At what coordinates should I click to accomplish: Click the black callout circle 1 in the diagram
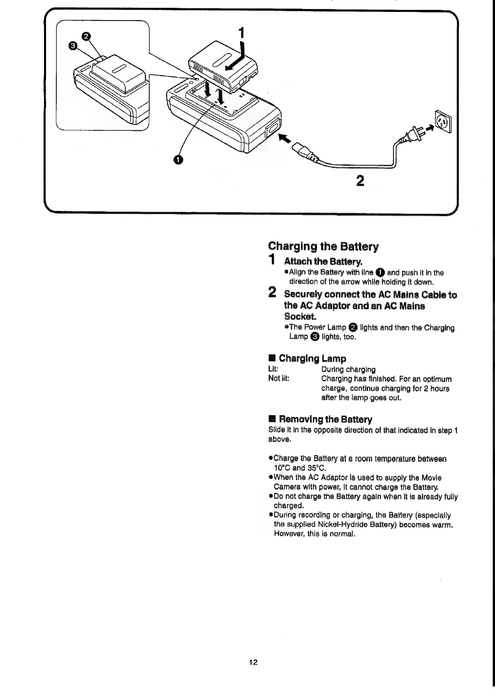coord(178,160)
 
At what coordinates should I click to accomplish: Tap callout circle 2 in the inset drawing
coord(86,37)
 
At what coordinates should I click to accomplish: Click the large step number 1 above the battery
coord(242,33)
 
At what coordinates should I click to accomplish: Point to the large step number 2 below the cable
coord(360,180)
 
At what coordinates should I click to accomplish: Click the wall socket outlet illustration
coord(443,121)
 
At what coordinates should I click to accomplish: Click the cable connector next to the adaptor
coord(304,151)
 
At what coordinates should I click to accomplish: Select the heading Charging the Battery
coord(323,247)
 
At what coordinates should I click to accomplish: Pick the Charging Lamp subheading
coord(312,358)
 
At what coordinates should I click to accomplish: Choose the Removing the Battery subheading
coord(325,419)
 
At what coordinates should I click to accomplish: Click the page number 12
coord(253,662)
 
